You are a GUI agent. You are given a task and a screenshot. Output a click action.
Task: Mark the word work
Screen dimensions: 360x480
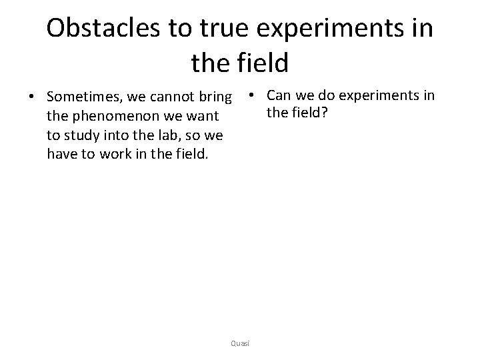coord(105,155)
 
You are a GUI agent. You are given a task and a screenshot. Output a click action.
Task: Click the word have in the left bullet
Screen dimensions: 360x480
coord(61,155)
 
